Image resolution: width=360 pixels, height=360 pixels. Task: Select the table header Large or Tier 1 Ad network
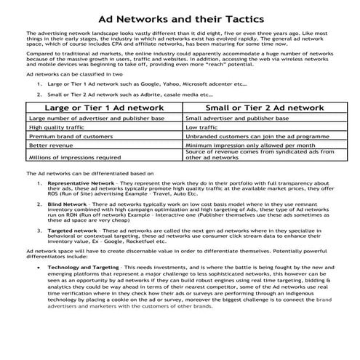104,107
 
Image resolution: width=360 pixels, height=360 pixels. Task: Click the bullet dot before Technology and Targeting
38,268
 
